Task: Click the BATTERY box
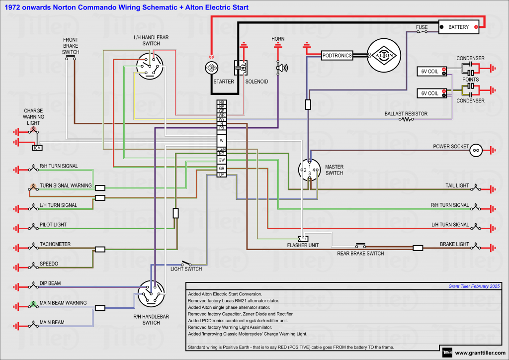tap(458, 27)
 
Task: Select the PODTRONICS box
tap(337, 56)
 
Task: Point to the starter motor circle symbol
tap(211, 68)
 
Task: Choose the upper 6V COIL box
tap(430, 72)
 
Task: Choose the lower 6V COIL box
tap(430, 93)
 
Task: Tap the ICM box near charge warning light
tap(37, 148)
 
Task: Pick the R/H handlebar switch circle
tap(151, 294)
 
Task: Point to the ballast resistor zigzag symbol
tap(407, 119)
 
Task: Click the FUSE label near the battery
tap(422, 27)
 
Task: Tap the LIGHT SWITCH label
tap(186, 269)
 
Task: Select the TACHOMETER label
tap(55, 244)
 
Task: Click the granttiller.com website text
tap(480, 353)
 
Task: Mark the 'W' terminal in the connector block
tap(222, 141)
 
